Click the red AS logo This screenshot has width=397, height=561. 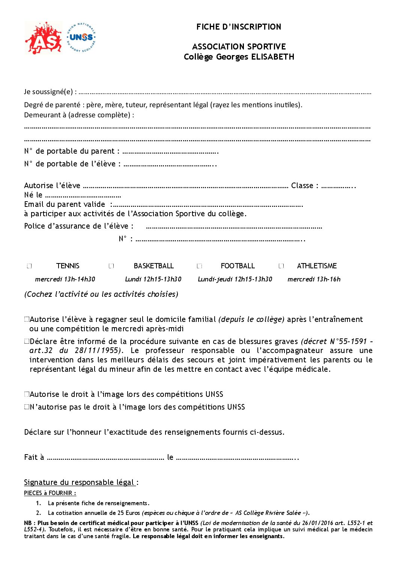point(43,38)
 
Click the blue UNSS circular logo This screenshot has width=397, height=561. point(81,37)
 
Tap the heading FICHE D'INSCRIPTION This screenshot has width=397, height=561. point(239,27)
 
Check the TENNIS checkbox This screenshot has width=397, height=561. point(29,266)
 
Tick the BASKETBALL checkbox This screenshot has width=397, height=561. point(111,266)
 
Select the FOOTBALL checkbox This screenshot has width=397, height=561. point(199,266)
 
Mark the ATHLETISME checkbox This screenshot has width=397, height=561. point(281,266)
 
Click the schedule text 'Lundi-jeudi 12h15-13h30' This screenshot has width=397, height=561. point(235,279)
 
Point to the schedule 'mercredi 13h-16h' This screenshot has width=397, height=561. point(314,279)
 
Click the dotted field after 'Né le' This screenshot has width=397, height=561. point(83,196)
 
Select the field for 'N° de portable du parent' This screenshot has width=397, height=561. point(170,152)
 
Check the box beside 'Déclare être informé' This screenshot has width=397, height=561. point(27,341)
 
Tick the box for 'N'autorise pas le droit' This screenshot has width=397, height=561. point(27,407)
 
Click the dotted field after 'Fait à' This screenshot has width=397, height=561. point(105,458)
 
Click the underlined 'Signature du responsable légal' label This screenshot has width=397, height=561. point(80,482)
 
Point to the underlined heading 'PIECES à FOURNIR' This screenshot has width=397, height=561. point(50,493)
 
